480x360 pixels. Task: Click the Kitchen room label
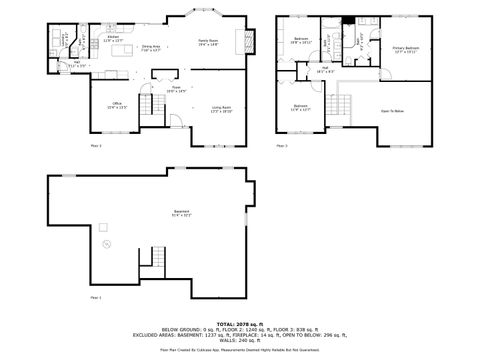pyautogui.click(x=114, y=38)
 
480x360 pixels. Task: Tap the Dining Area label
pyautogui.click(x=151, y=48)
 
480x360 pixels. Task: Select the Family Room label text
pyautogui.click(x=207, y=41)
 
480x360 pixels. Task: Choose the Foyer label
pyautogui.click(x=175, y=88)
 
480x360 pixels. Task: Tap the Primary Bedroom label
pyautogui.click(x=405, y=50)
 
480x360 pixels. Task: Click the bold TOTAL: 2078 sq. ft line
pyautogui.click(x=239, y=324)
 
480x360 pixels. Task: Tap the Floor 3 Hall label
pyautogui.click(x=326, y=71)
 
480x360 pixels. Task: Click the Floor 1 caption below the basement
pyautogui.click(x=96, y=297)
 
